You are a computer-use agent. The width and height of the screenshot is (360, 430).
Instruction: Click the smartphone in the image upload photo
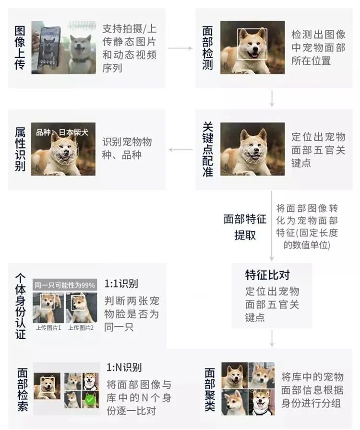(49, 48)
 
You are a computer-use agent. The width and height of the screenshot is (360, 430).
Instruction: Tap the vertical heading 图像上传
(20, 48)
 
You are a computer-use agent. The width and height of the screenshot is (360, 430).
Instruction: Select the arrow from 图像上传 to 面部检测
(180, 48)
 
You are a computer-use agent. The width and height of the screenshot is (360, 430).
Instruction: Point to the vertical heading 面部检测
(207, 48)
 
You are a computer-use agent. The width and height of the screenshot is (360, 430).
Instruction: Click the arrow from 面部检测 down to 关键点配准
(272, 98)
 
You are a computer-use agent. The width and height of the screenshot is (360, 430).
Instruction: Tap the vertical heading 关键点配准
(208, 149)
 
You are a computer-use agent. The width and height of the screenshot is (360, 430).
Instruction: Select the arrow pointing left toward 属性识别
(180, 150)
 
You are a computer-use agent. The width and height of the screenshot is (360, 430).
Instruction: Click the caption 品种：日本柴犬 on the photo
(62, 132)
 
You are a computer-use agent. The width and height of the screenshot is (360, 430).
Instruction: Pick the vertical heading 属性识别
(20, 149)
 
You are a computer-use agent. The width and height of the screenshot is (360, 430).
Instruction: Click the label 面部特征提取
(245, 227)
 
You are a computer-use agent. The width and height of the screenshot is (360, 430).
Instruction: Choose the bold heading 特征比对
(267, 275)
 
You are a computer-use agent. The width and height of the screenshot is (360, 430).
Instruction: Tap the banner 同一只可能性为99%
(65, 285)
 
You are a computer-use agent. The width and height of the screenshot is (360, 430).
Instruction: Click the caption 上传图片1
(48, 328)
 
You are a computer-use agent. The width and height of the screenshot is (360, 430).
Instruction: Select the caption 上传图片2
(81, 328)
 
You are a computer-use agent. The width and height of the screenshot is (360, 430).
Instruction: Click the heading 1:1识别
(121, 284)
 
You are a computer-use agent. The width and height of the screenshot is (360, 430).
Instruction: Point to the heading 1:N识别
(124, 368)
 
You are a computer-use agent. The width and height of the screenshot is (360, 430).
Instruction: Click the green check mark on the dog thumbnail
(90, 400)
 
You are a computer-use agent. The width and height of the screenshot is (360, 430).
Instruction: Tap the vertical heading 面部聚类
(210, 390)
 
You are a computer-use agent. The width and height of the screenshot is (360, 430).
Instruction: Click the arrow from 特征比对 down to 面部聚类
(272, 339)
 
